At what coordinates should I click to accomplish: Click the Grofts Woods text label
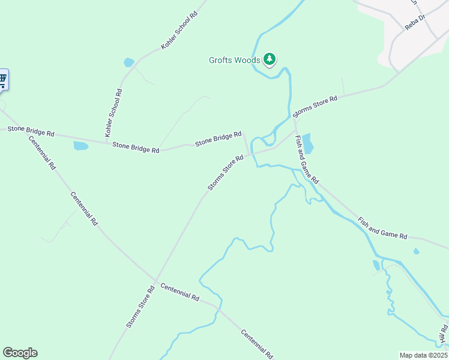(234, 60)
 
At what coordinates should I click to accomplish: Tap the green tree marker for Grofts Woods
(270, 59)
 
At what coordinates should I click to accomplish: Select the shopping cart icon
(2, 79)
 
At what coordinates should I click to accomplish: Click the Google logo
(20, 352)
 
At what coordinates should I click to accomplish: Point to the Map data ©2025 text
(423, 355)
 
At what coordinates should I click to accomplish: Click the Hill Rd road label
(443, 335)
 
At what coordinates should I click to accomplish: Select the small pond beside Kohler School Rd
(128, 62)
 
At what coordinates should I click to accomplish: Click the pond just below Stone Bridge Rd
(80, 145)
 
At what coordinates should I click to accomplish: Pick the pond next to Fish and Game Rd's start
(307, 143)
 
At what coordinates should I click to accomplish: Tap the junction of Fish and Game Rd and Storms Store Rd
(295, 128)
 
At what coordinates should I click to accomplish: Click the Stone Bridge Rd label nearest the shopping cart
(31, 131)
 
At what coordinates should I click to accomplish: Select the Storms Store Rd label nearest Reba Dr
(315, 106)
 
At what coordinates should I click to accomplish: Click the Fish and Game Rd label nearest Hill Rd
(382, 228)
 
